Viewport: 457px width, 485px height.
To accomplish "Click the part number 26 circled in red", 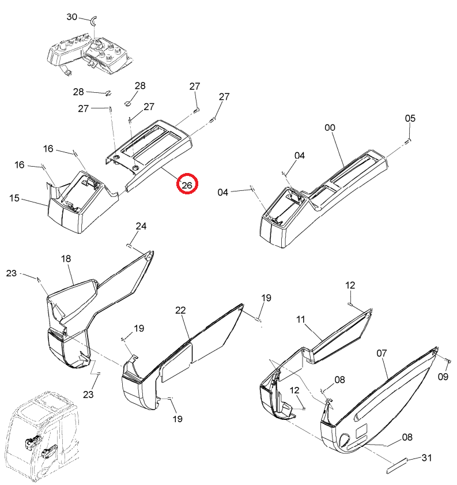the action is coord(187,185).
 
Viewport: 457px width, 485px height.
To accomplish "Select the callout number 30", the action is coord(71,17).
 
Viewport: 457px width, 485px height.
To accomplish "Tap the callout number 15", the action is coord(14,198).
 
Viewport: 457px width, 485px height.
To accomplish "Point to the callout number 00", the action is coord(330,127).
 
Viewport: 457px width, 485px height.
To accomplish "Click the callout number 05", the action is coord(410,118).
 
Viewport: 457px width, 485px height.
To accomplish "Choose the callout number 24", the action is coord(141,226).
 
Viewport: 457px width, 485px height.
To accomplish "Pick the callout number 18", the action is coord(66,258).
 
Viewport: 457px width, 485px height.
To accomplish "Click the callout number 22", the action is coord(180,310).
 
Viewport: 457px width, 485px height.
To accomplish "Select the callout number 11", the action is coord(301,319).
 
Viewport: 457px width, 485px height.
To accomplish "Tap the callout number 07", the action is coord(382,353).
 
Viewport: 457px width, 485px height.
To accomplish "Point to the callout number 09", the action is coord(443,377).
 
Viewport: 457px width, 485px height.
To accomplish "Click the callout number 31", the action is coord(426,457).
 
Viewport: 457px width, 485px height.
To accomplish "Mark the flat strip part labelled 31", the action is coord(397,465).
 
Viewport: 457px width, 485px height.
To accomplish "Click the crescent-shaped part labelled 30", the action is coord(93,20).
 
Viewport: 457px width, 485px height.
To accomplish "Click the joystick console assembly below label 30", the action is coord(90,56).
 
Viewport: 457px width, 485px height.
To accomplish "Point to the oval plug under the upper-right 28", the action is coord(128,103).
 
